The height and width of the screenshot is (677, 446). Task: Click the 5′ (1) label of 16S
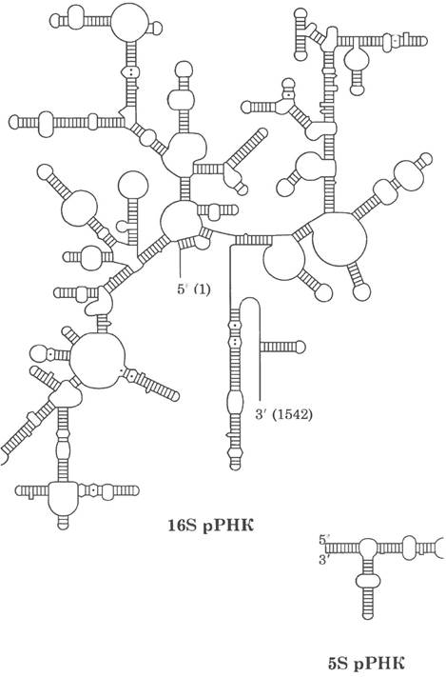tap(194, 289)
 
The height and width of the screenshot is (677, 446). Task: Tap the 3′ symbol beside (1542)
tap(260, 414)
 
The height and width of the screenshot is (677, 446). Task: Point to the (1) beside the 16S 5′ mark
tap(203, 289)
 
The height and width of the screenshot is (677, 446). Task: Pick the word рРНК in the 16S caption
tap(228, 526)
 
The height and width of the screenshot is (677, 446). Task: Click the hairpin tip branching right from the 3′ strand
tap(301, 347)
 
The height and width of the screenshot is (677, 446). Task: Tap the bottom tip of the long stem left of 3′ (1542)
tap(235, 468)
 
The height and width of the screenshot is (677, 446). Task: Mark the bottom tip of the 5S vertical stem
tap(367, 617)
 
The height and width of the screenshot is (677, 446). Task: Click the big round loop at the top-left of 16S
tap(129, 23)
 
